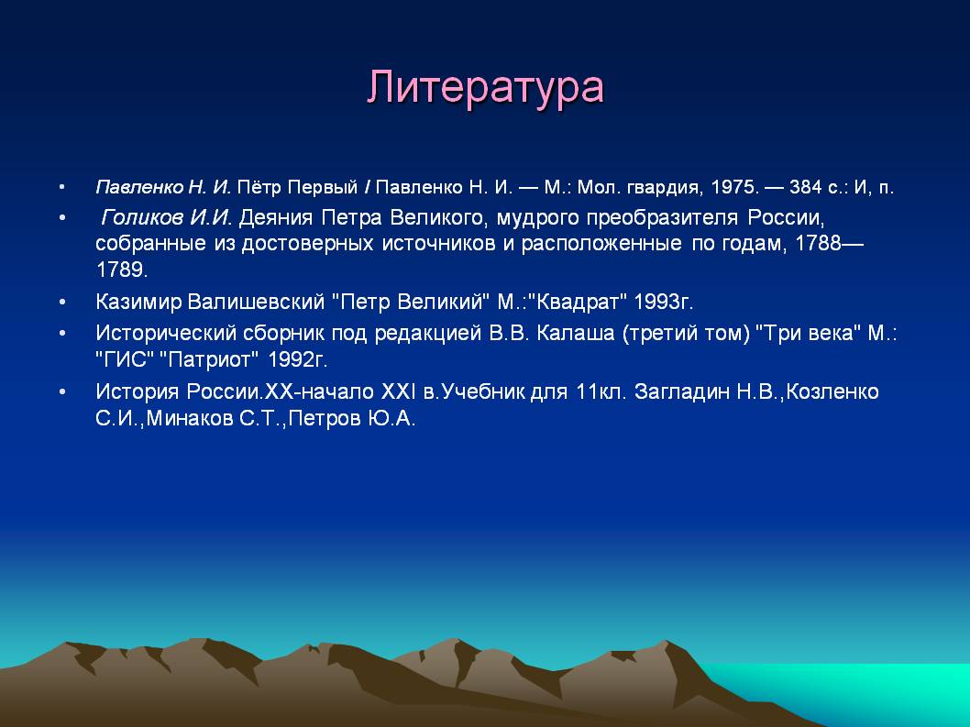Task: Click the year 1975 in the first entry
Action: point(734,187)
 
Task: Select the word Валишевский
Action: point(256,302)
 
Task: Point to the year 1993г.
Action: point(663,302)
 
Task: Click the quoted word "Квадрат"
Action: point(581,302)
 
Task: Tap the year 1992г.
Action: point(298,359)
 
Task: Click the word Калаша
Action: point(576,334)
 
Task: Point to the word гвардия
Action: point(662,187)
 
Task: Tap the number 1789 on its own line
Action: point(121,270)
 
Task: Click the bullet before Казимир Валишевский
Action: point(61,303)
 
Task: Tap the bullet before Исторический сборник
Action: point(61,334)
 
